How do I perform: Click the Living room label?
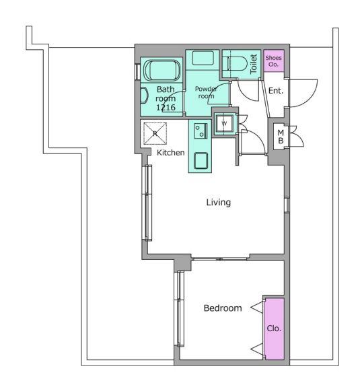pos(219,203)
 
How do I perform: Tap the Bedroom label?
pos(223,308)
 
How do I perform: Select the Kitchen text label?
pos(170,153)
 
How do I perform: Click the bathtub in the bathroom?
pos(162,70)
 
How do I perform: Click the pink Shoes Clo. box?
pos(274,61)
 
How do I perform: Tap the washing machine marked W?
pos(224,123)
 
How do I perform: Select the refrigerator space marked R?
pos(155,133)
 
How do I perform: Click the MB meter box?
pos(281,137)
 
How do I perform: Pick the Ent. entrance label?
pos(276,91)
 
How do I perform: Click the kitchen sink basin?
pos(201,161)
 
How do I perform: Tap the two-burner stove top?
pos(201,131)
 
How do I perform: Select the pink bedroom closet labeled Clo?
pos(275,328)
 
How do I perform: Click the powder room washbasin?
pos(203,58)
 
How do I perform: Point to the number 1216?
pos(166,107)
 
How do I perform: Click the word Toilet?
pos(253,64)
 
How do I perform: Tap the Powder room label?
pos(206,92)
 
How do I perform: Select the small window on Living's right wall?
pos(287,205)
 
